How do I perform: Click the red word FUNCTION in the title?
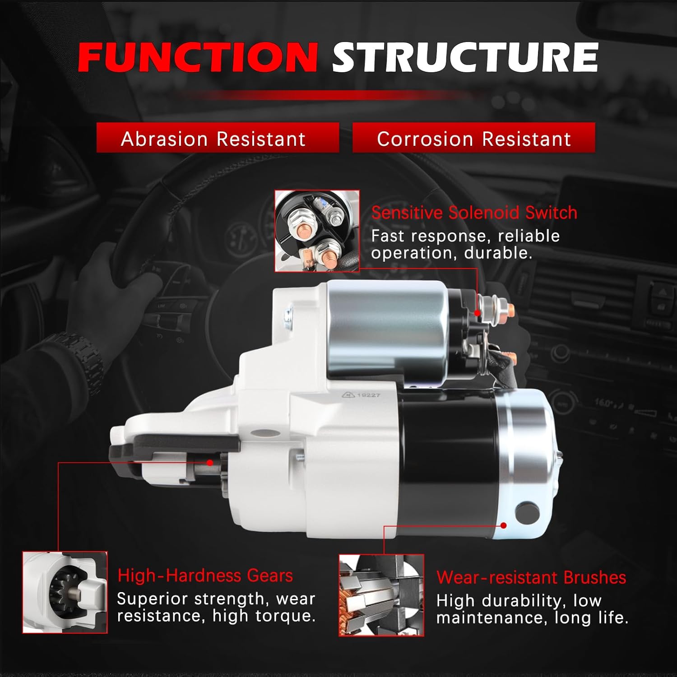coord(198,58)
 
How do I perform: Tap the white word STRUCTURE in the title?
coord(465,58)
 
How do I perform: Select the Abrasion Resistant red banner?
coord(218,138)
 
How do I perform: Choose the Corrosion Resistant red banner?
coord(473,138)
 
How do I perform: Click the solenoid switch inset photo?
coord(317,231)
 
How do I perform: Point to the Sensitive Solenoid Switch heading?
coord(474,213)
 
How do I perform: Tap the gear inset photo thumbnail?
coord(65,592)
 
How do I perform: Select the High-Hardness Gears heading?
coord(205,576)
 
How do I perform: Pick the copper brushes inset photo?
coord(381,595)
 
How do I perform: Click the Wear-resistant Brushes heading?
coord(531,578)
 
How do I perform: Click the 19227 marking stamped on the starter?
coord(368,395)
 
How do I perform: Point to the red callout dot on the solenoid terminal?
coord(478,313)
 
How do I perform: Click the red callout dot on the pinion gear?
coord(210,463)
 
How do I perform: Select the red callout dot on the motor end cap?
coord(504,525)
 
